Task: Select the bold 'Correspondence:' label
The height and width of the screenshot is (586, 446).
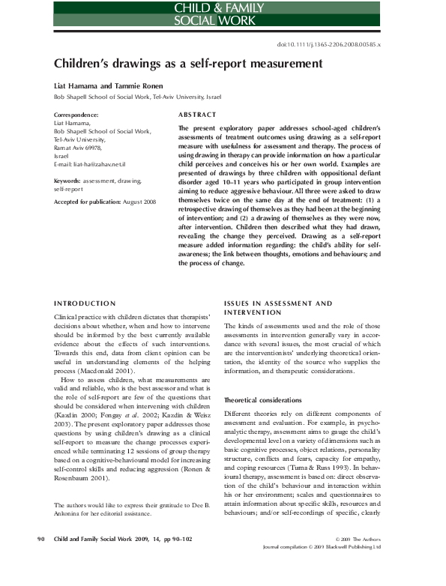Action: [x=79, y=115]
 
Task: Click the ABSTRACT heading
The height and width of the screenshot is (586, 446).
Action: [x=197, y=115]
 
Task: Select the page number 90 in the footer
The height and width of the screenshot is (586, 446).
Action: [x=42, y=559]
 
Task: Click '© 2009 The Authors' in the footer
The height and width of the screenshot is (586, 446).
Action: [x=358, y=559]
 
